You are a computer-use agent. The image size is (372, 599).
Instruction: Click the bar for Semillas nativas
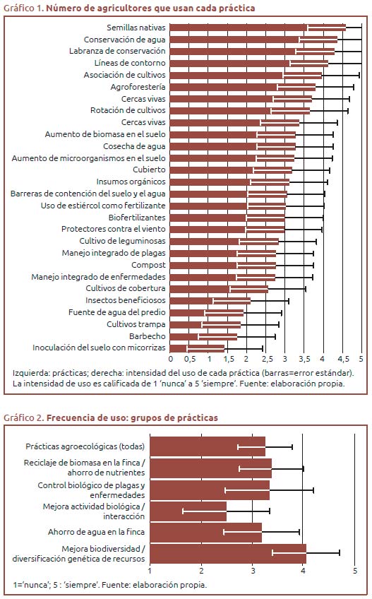[258, 28]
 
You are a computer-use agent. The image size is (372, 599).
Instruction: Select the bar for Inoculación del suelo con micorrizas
[197, 348]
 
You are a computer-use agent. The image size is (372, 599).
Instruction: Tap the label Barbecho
[148, 336]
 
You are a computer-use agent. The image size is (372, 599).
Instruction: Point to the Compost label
[148, 265]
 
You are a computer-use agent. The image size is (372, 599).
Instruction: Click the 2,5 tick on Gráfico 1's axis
[268, 359]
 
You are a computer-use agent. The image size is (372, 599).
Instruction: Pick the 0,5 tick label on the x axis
[190, 359]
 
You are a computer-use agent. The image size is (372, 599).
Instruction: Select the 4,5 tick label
[343, 359]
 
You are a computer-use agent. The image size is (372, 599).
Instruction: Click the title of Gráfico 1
[129, 8]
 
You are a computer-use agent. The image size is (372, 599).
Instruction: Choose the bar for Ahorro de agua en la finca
[206, 533]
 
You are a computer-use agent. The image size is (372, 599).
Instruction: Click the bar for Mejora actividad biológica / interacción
[188, 511]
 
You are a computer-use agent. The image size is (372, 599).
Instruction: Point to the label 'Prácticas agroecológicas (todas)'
[85, 446]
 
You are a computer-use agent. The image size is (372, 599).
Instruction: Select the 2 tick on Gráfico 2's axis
[201, 571]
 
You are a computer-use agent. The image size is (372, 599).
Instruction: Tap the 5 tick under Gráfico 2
[355, 571]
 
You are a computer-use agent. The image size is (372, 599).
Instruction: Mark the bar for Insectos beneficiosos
[210, 301]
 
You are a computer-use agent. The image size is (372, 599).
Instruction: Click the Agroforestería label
[138, 87]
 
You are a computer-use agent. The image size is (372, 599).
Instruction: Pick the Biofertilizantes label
[137, 218]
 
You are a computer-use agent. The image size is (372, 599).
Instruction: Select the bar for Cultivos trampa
[205, 325]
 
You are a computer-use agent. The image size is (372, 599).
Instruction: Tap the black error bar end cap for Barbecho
[275, 336]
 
